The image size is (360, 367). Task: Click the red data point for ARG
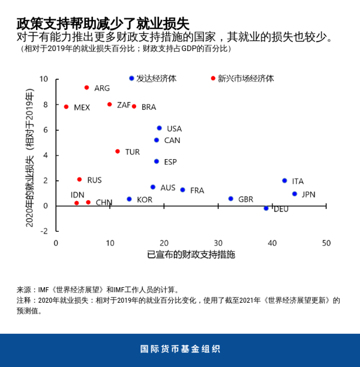point(86,88)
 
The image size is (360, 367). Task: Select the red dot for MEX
point(66,107)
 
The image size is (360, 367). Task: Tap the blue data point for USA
point(159,128)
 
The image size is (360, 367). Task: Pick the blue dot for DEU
point(266,208)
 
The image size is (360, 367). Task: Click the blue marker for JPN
point(295,194)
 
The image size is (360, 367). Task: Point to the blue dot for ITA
point(284,181)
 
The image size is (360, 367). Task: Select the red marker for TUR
point(118,151)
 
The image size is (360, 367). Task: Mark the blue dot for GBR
point(230,199)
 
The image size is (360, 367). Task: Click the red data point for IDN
point(76,203)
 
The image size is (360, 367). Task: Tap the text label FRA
point(197,190)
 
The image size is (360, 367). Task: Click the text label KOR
point(145,199)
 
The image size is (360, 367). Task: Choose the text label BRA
point(149,107)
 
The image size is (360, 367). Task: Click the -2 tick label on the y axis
point(43,231)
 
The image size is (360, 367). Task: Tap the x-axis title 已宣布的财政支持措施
point(191,255)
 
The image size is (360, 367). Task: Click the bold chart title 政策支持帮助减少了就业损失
point(103,23)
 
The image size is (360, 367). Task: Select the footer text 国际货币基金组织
point(180,349)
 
